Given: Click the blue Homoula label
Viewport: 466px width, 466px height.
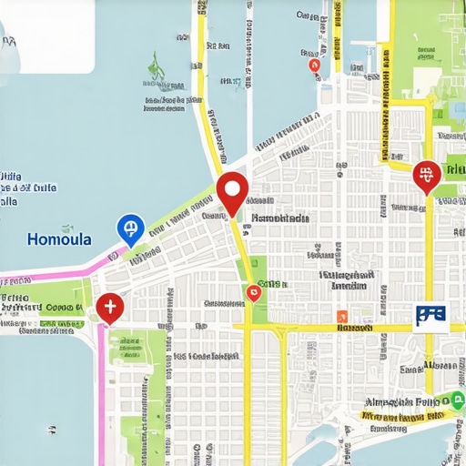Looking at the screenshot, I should click(59, 240).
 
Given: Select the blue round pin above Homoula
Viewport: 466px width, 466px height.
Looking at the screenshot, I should click(130, 228).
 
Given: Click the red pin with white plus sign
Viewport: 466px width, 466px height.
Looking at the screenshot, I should click(109, 308).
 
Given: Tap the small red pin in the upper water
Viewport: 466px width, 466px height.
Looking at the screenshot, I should click(315, 65).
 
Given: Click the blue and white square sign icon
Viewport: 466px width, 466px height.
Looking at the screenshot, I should click(430, 315).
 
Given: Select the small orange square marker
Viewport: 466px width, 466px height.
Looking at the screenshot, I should click(342, 317).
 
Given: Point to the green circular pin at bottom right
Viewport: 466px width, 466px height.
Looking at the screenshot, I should click(456, 399).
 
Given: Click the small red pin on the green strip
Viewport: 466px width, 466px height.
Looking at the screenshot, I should click(254, 291).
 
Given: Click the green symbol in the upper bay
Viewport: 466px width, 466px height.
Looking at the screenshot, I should click(156, 65).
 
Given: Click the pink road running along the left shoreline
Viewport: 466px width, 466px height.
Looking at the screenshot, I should click(55, 270).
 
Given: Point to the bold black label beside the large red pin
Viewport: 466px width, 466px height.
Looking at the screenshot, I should click(280, 218).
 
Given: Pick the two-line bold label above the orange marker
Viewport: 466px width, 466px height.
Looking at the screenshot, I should click(346, 279).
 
